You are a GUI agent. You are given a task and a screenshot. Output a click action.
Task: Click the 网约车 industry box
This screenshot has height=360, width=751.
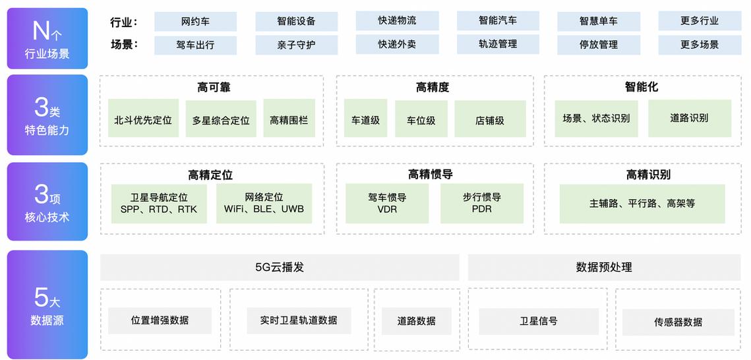195,21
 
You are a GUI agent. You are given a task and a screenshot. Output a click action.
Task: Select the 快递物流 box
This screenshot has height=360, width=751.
397,20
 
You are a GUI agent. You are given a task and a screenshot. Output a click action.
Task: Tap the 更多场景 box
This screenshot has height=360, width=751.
699,45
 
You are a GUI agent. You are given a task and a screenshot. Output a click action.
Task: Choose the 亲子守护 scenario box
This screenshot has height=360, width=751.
296,45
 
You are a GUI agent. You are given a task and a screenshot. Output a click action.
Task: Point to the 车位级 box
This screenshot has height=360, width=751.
421,119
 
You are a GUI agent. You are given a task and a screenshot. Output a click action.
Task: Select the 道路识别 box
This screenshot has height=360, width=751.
689,118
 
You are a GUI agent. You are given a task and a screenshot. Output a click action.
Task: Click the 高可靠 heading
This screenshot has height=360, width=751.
214,87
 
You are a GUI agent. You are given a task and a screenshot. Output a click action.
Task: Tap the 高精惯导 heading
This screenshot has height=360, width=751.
430,175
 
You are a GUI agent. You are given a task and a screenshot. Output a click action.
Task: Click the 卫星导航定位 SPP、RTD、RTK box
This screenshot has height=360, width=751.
159,204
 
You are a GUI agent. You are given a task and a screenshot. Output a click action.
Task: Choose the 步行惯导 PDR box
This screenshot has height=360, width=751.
482,203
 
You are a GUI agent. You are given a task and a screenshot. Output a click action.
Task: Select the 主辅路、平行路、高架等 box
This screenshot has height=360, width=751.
642,204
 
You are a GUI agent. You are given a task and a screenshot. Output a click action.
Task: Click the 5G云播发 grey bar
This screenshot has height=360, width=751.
280,268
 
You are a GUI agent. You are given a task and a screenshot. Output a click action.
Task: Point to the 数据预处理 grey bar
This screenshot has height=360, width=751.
604,268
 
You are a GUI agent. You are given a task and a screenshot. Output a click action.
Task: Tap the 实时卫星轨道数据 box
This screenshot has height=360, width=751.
299,320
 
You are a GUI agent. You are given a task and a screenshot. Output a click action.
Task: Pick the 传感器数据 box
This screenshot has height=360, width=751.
678,322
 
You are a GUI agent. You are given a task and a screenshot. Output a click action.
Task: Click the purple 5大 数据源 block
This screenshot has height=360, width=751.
47,305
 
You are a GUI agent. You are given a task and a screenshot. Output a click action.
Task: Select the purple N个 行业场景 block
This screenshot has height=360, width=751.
47,38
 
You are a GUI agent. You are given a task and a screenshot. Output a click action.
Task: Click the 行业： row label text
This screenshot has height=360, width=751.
124,22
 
